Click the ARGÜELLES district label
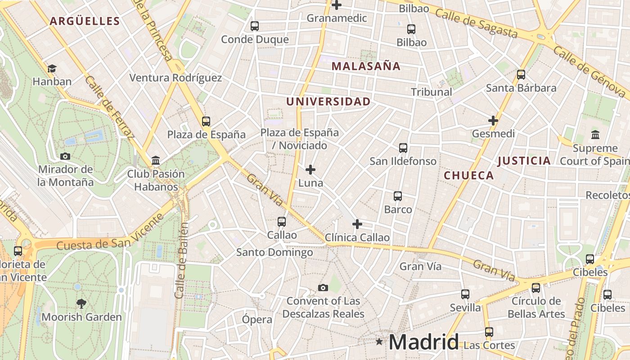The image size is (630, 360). (85, 21)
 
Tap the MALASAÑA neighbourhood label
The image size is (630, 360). (365, 66)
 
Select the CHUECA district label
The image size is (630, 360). (469, 175)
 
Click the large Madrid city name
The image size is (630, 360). (423, 342)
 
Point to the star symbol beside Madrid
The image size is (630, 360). (379, 342)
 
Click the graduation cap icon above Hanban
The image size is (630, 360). (52, 69)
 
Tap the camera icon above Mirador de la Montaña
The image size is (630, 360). (65, 156)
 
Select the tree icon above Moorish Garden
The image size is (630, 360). (81, 304)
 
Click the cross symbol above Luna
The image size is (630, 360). (310, 170)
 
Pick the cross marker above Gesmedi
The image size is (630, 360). (493, 121)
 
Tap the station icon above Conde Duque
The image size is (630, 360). (255, 26)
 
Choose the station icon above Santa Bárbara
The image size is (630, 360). (521, 75)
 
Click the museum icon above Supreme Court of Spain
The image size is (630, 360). (595, 135)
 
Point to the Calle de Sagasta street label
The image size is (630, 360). (477, 23)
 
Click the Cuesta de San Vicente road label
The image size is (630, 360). (110, 232)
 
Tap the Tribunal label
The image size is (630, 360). (431, 92)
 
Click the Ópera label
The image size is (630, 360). (257, 319)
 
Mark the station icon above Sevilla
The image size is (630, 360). (465, 294)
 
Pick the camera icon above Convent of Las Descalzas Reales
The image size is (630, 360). (323, 288)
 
